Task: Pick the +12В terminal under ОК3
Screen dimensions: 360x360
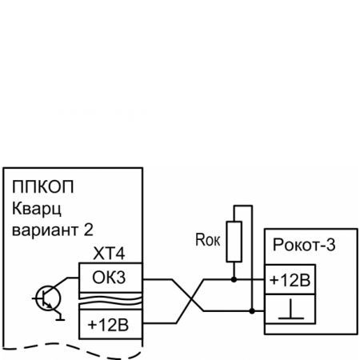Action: point(110,326)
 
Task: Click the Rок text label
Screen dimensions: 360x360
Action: point(207,238)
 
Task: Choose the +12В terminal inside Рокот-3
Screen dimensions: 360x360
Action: point(290,280)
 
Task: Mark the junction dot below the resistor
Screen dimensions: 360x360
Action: point(234,280)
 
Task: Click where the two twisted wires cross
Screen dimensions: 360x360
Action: point(189,302)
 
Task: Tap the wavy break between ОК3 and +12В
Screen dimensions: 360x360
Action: point(110,302)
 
